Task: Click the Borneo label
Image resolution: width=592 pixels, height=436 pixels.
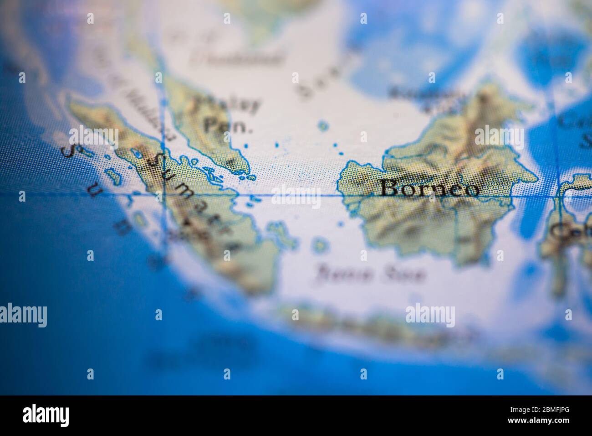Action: click(429, 188)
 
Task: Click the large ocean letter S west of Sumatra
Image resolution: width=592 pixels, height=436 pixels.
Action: click(68, 152)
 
